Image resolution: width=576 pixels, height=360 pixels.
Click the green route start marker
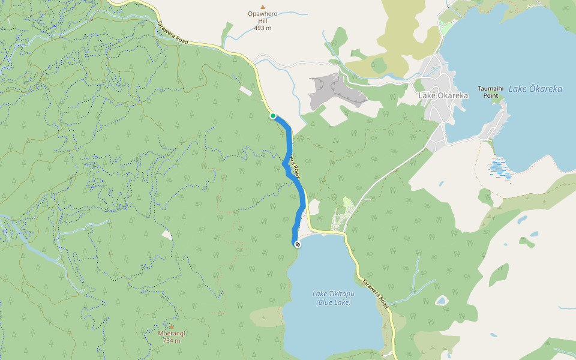(272, 116)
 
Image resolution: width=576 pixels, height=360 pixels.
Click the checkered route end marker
(297, 244)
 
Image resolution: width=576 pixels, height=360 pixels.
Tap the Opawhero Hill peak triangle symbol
(262, 7)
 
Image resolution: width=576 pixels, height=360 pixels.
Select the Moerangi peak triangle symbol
(172, 326)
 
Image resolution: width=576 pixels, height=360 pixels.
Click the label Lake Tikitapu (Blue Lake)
(334, 298)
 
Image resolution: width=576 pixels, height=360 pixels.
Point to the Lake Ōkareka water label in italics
(535, 89)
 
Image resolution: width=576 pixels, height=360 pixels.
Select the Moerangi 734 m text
(171, 337)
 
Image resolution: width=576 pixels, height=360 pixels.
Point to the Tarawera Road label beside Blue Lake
(376, 293)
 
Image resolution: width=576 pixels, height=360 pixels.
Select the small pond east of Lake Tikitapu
(442, 300)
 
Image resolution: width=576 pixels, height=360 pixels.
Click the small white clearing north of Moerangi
(167, 235)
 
